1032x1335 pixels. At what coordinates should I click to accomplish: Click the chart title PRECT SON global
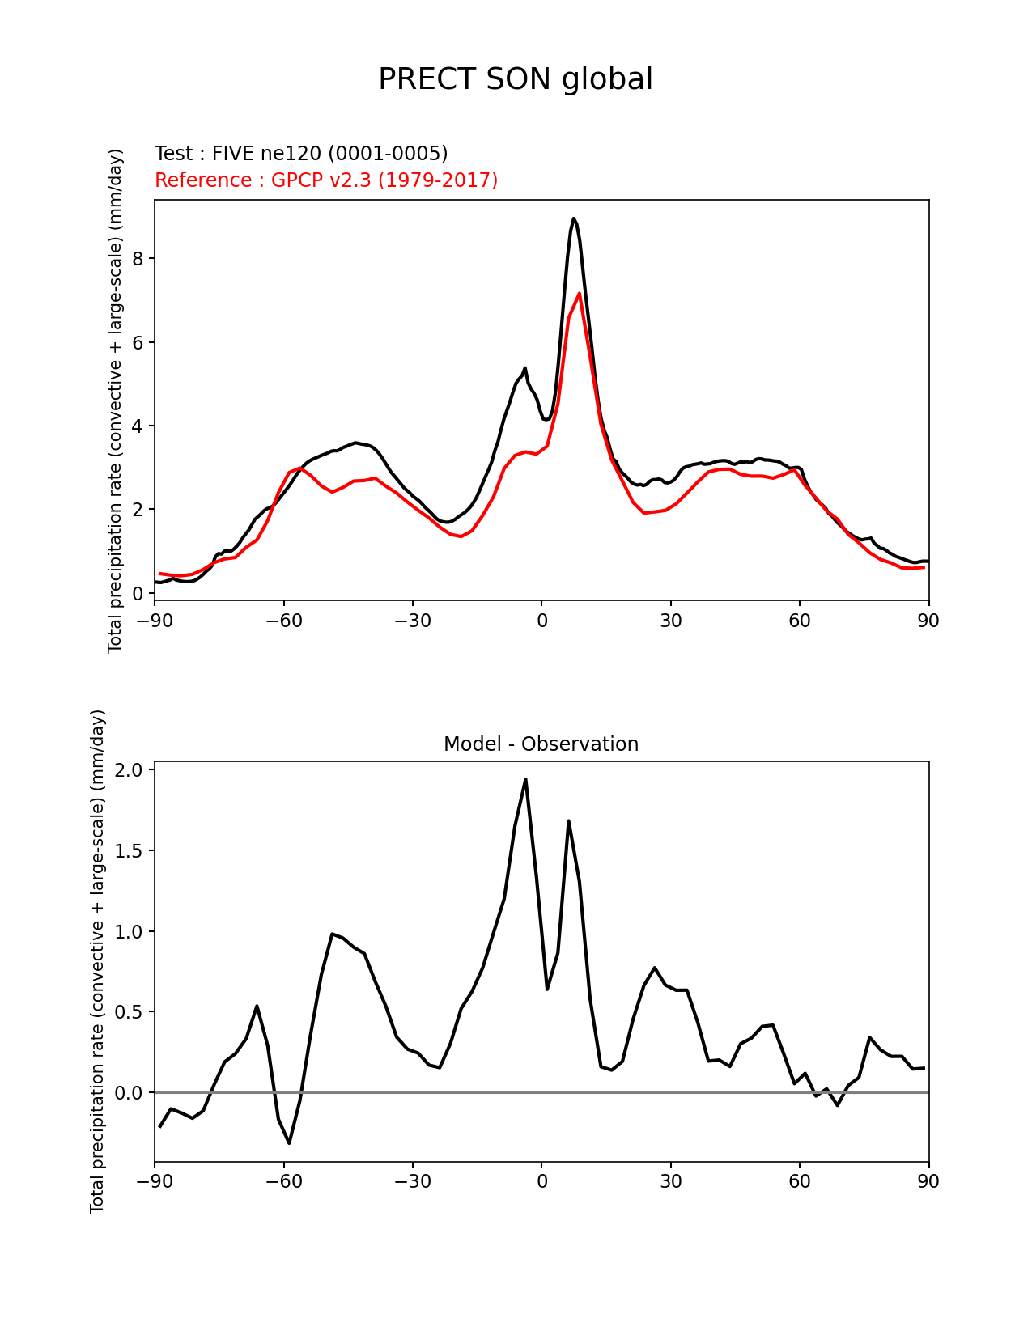point(516,79)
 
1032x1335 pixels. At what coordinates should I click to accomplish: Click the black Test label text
point(301,154)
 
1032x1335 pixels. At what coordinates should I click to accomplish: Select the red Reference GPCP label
point(326,180)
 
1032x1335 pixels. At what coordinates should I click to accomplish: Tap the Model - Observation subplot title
point(541,744)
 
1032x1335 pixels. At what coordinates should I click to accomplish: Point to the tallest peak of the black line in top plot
point(573,218)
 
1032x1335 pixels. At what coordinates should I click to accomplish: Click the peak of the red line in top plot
point(580,294)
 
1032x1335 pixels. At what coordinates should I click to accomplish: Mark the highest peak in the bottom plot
point(525,780)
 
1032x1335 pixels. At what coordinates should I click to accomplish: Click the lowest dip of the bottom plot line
point(289,1142)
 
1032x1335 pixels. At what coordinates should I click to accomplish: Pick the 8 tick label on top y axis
point(138,259)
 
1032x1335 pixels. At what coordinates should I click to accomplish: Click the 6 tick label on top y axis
point(138,342)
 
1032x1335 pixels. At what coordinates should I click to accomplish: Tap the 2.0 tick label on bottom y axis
point(130,770)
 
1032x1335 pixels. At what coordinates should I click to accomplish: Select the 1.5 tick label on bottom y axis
point(130,851)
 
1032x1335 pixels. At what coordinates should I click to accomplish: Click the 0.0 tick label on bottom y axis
point(130,1093)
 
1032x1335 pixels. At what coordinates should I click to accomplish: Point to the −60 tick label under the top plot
point(283,621)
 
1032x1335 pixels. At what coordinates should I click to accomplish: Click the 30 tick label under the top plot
point(670,621)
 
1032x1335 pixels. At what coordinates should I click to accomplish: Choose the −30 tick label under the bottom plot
point(412,1182)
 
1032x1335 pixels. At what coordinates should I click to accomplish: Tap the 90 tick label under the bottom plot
point(928,1182)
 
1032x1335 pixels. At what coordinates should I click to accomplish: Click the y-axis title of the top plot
point(115,400)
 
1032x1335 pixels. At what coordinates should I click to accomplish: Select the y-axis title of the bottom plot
point(97,961)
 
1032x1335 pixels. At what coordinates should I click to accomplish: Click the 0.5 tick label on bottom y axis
point(130,1012)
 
